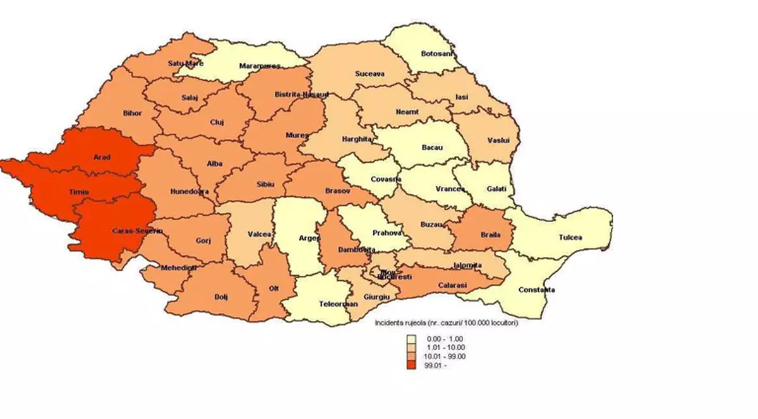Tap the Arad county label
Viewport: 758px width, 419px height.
pyautogui.click(x=102, y=157)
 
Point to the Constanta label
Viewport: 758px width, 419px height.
pyautogui.click(x=536, y=290)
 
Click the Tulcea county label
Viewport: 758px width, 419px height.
pyautogui.click(x=570, y=237)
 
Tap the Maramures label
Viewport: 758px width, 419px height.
pyautogui.click(x=260, y=66)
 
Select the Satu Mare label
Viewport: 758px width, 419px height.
pyautogui.click(x=186, y=63)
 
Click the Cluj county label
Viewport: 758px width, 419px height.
pyautogui.click(x=217, y=122)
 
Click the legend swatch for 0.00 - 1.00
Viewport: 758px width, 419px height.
pyautogui.click(x=411, y=339)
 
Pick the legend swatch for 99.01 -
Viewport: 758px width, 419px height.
pyautogui.click(x=411, y=365)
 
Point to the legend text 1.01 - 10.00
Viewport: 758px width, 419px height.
pyautogui.click(x=447, y=348)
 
